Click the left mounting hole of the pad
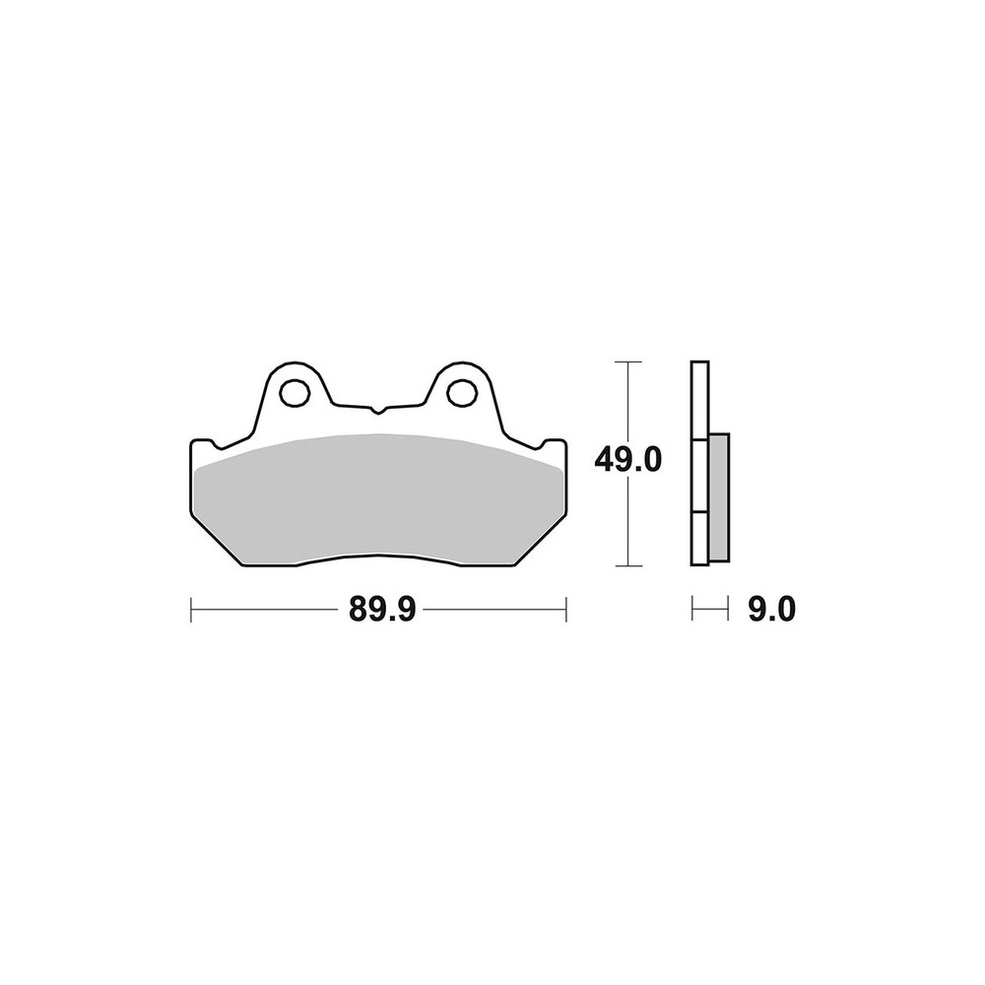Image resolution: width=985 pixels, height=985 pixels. coord(295,393)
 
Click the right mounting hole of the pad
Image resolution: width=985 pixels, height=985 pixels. coord(462,393)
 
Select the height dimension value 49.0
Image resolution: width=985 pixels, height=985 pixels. coord(628,460)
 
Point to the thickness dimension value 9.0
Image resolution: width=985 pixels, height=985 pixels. coord(771,609)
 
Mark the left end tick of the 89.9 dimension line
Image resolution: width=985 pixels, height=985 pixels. coord(191,610)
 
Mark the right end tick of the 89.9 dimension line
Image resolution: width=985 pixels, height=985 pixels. coord(566,610)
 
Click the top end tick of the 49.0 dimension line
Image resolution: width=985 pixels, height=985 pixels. coord(628,362)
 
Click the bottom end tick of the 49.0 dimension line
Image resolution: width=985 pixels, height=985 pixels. coord(628,565)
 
